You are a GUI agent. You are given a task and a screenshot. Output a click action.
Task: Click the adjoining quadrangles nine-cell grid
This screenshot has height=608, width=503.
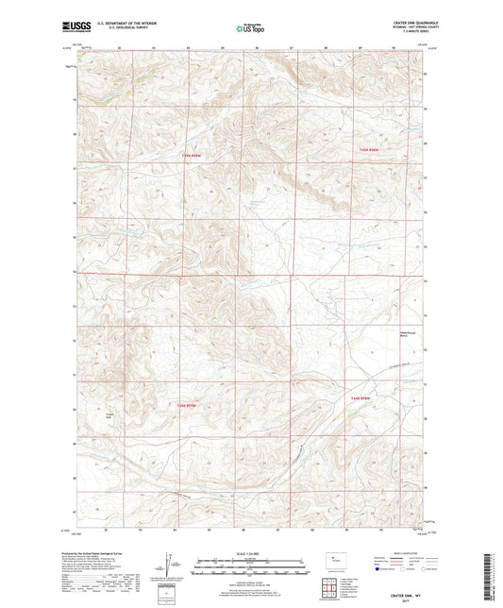(x=331, y=589)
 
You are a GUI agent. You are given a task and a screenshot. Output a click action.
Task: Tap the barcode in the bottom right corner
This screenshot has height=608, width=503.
(x=490, y=576)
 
